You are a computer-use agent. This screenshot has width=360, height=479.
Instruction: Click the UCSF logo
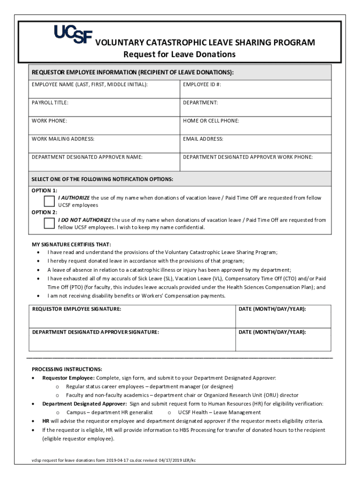(73, 34)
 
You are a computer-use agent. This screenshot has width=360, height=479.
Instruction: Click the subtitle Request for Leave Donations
(180, 54)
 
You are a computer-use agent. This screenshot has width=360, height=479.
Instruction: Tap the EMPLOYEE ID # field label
(202, 84)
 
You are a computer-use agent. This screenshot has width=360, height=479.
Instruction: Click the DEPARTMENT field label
(200, 102)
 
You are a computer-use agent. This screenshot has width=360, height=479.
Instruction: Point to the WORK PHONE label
(49, 121)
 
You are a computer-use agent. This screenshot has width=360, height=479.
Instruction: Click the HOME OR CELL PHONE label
(211, 121)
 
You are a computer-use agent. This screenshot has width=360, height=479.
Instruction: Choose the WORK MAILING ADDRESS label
(63, 139)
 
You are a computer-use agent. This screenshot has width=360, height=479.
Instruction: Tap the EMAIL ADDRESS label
(203, 139)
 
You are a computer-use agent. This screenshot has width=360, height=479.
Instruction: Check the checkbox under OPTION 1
(49, 201)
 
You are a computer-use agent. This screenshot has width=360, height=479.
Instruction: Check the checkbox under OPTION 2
(49, 223)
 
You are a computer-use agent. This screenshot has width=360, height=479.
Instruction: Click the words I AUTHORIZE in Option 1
(74, 198)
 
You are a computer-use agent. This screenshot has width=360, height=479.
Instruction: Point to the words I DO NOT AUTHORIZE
(84, 220)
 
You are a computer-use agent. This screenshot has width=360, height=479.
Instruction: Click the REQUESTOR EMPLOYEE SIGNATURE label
(77, 309)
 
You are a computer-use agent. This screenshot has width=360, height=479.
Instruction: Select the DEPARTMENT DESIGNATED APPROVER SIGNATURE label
(95, 332)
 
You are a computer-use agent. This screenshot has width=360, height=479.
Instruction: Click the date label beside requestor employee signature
(272, 309)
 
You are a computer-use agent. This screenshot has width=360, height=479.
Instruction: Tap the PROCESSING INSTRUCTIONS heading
(67, 369)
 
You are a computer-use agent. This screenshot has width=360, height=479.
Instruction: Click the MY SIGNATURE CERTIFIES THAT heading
(71, 244)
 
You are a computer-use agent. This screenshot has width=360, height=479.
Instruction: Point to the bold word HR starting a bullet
(46, 421)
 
